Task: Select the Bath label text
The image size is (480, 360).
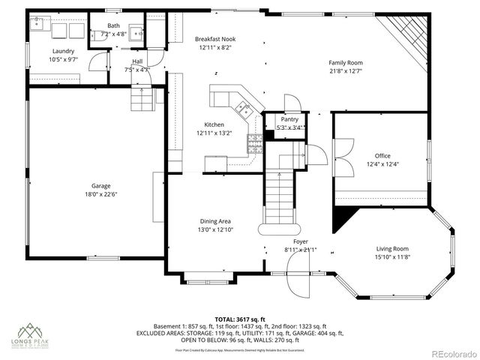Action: pyautogui.click(x=112, y=25)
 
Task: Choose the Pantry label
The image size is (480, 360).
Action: pyautogui.click(x=289, y=119)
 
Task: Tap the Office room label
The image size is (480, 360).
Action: pyautogui.click(x=382, y=156)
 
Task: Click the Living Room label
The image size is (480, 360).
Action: pyautogui.click(x=391, y=249)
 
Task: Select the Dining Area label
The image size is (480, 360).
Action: pyautogui.click(x=214, y=221)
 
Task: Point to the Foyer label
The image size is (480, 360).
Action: pyautogui.click(x=300, y=241)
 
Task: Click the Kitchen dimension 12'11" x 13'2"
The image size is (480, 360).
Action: pyautogui.click(x=214, y=133)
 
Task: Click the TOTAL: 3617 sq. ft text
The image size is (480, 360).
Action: pyautogui.click(x=240, y=319)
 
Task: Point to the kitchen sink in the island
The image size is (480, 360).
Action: pyautogui.click(x=243, y=111)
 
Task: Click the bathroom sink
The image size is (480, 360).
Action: pyautogui.click(x=136, y=33)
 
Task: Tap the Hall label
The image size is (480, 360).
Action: pyautogui.click(x=137, y=61)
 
